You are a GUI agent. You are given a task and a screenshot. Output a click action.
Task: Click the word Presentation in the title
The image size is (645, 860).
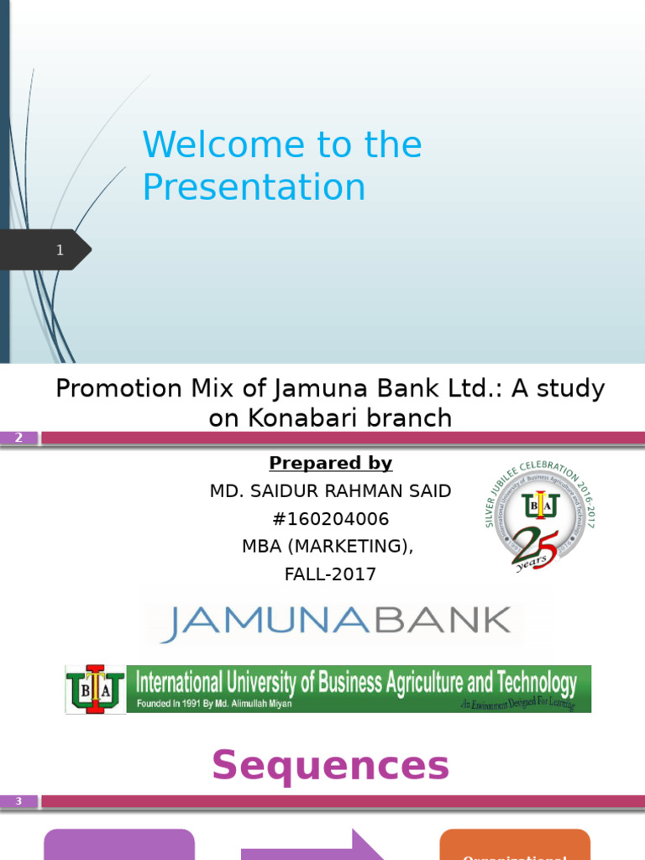[254, 187]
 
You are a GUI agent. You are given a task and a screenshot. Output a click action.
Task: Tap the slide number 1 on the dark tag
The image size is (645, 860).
[60, 249]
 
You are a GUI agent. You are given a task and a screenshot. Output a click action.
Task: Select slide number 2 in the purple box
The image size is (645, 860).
[18, 438]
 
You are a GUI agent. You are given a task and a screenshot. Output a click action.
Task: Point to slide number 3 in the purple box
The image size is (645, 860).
[18, 802]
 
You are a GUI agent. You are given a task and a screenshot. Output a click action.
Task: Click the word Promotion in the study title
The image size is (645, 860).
[118, 389]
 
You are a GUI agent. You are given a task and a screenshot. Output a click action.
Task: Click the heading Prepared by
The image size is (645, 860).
[330, 464]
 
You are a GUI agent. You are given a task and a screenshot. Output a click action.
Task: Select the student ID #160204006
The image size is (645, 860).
[330, 519]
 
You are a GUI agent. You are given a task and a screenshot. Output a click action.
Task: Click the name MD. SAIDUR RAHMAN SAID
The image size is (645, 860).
[330, 491]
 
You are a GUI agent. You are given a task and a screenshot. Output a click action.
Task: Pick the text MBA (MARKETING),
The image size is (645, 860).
[328, 547]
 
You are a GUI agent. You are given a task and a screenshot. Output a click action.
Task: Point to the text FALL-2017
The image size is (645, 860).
[330, 574]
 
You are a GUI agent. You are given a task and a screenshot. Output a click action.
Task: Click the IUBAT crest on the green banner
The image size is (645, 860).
[96, 690]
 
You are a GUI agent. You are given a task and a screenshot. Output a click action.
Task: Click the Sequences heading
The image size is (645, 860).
[330, 765]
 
